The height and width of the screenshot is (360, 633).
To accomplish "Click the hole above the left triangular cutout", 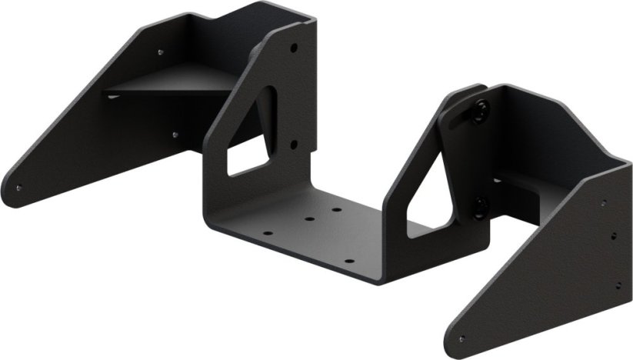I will (294, 48).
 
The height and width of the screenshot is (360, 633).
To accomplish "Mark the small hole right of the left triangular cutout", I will (293, 143).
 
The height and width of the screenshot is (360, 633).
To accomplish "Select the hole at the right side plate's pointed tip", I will (461, 338).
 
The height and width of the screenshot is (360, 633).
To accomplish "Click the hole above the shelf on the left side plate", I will (160, 53).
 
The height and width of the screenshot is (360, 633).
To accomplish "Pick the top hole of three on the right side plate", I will (603, 203).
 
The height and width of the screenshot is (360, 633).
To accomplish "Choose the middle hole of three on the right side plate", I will (613, 237).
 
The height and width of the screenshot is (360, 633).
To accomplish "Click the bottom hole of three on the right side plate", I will (618, 285).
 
